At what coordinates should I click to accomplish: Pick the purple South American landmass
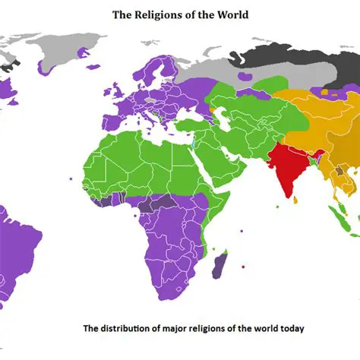tap(19, 243)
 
